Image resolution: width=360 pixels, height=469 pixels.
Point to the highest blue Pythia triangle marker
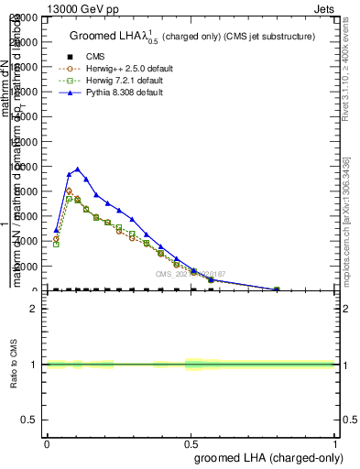tap(78, 169)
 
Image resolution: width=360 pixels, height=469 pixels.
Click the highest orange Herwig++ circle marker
tap(69, 191)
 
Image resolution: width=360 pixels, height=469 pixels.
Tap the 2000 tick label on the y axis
tap(25, 266)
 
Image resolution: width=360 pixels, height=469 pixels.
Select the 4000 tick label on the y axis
tap(25, 241)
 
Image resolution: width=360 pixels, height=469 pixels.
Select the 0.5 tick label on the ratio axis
tap(27, 420)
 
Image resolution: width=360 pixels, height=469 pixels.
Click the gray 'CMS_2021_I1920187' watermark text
tap(190, 274)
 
